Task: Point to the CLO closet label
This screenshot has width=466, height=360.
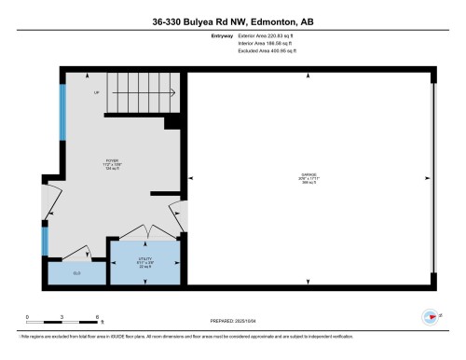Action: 76,273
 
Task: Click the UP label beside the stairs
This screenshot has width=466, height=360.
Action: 96,93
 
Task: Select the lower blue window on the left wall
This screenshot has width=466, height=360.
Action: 44,242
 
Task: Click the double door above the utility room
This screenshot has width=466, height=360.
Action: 144,231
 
